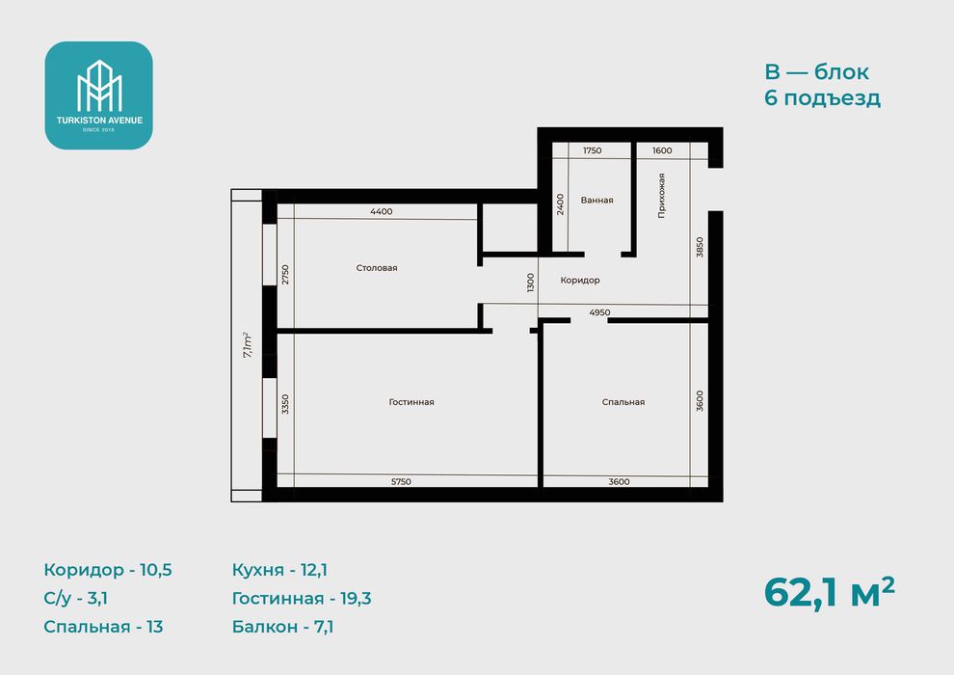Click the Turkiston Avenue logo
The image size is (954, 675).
point(98,95)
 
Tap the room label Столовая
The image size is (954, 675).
point(377,268)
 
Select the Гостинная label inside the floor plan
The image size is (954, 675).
point(411,402)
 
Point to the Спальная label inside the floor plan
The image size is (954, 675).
point(623,402)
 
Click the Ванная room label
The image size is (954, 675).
point(596,200)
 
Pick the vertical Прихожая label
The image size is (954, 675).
point(661,196)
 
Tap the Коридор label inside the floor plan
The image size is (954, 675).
point(580,280)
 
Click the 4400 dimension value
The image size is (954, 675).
point(382,211)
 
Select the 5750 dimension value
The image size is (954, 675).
point(401,481)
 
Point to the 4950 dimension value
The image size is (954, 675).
point(599,312)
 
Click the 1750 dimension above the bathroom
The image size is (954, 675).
point(592,150)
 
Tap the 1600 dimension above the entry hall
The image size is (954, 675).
point(662,150)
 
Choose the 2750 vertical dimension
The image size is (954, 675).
point(285,275)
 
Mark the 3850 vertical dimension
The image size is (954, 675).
point(700,247)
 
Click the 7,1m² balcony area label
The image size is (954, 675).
point(248,344)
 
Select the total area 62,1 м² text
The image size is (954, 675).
point(830,592)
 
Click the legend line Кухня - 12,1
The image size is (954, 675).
point(279,570)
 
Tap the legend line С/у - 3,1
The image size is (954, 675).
point(75,598)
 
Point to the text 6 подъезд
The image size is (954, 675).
point(823,98)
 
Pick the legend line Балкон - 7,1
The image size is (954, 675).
point(282,627)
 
